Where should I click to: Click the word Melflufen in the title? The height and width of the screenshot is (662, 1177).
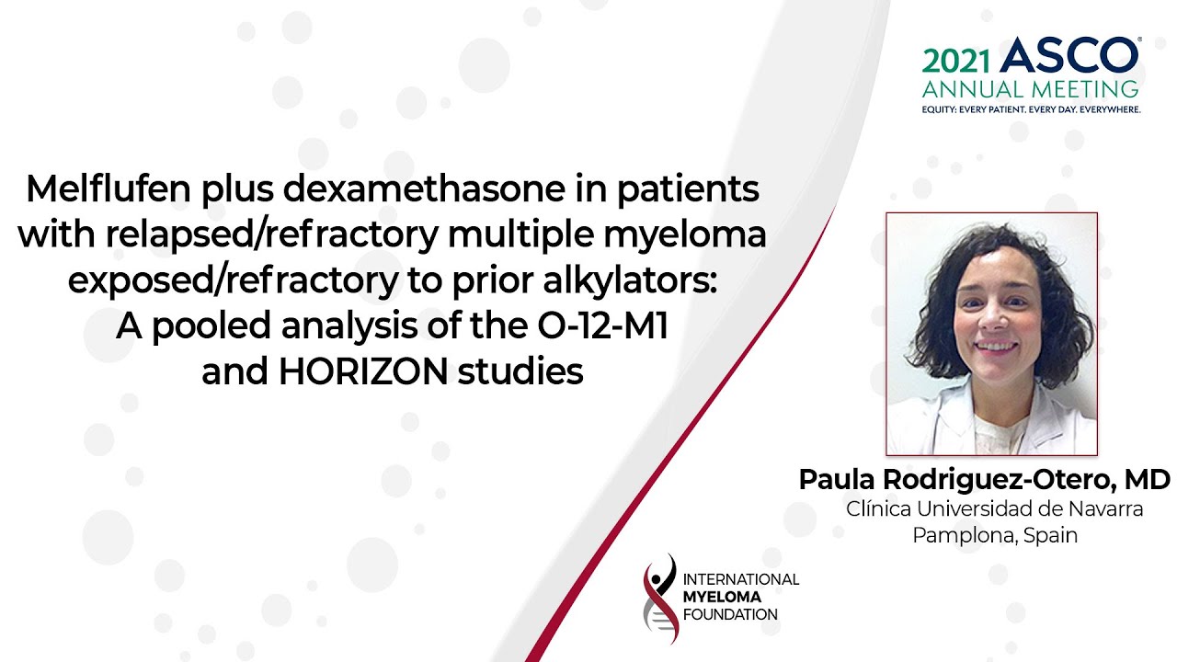click(109, 188)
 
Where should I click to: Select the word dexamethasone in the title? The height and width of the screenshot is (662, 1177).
click(424, 188)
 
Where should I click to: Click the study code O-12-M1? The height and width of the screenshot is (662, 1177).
click(602, 325)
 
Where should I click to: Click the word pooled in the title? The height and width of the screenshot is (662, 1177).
click(211, 326)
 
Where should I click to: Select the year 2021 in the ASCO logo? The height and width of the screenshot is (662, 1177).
click(955, 62)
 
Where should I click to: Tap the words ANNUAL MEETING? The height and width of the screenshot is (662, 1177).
click(1030, 89)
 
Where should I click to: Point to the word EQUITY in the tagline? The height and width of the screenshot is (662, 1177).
click(939, 109)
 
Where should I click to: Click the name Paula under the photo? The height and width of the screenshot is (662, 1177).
click(837, 479)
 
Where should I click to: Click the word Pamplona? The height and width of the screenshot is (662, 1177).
click(963, 536)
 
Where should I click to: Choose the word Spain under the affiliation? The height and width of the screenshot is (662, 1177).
click(1050, 536)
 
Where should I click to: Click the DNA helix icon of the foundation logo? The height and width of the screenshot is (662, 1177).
click(660, 599)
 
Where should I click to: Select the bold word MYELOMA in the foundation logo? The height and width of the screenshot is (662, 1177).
click(722, 597)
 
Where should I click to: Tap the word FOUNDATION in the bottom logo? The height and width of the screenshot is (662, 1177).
click(730, 615)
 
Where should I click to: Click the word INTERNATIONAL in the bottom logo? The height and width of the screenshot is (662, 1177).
click(741, 579)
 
